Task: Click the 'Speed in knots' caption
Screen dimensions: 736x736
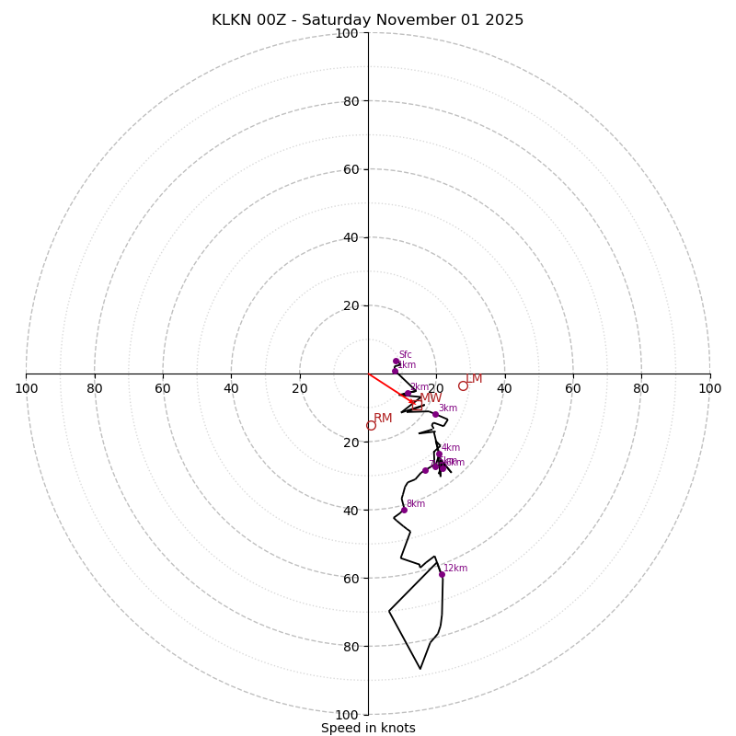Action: pyautogui.click(x=368, y=728)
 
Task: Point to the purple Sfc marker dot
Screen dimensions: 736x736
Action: pyautogui.click(x=397, y=362)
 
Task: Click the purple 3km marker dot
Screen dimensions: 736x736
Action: pyautogui.click(x=435, y=414)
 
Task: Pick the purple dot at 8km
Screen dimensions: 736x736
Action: pyautogui.click(x=404, y=510)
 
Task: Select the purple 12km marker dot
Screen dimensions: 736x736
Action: pyautogui.click(x=442, y=574)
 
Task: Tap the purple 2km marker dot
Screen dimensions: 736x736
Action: pyautogui.click(x=408, y=394)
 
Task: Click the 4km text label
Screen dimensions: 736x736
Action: pyautogui.click(x=451, y=448)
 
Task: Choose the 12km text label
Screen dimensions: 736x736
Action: pyautogui.click(x=455, y=569)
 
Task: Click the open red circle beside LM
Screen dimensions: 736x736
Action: pyautogui.click(x=463, y=386)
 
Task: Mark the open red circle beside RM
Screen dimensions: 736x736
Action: pyautogui.click(x=371, y=426)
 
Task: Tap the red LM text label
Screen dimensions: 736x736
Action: pyautogui.click(x=474, y=379)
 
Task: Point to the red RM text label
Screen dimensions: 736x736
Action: pyautogui.click(x=383, y=419)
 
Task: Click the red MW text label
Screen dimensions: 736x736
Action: pyautogui.click(x=431, y=398)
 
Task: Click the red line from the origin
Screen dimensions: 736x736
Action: pyautogui.click(x=386, y=385)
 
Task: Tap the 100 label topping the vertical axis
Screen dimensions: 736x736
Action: pyautogui.click(x=347, y=34)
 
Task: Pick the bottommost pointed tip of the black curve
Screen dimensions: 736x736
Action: pyautogui.click(x=420, y=669)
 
